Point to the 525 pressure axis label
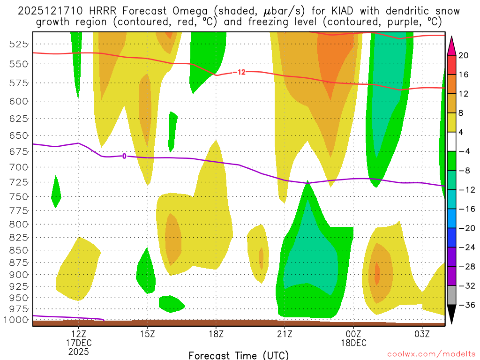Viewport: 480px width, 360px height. point(19,44)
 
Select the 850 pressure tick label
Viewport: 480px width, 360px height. point(19,250)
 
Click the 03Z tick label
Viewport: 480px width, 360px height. point(422,334)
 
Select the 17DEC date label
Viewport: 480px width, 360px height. point(78,343)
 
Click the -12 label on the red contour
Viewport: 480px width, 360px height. point(239,72)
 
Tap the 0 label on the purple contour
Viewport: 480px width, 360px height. point(124,156)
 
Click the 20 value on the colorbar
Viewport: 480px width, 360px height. point(464,55)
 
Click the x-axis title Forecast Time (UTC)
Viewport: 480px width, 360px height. point(239,355)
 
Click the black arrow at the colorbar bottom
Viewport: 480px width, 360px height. point(452,314)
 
